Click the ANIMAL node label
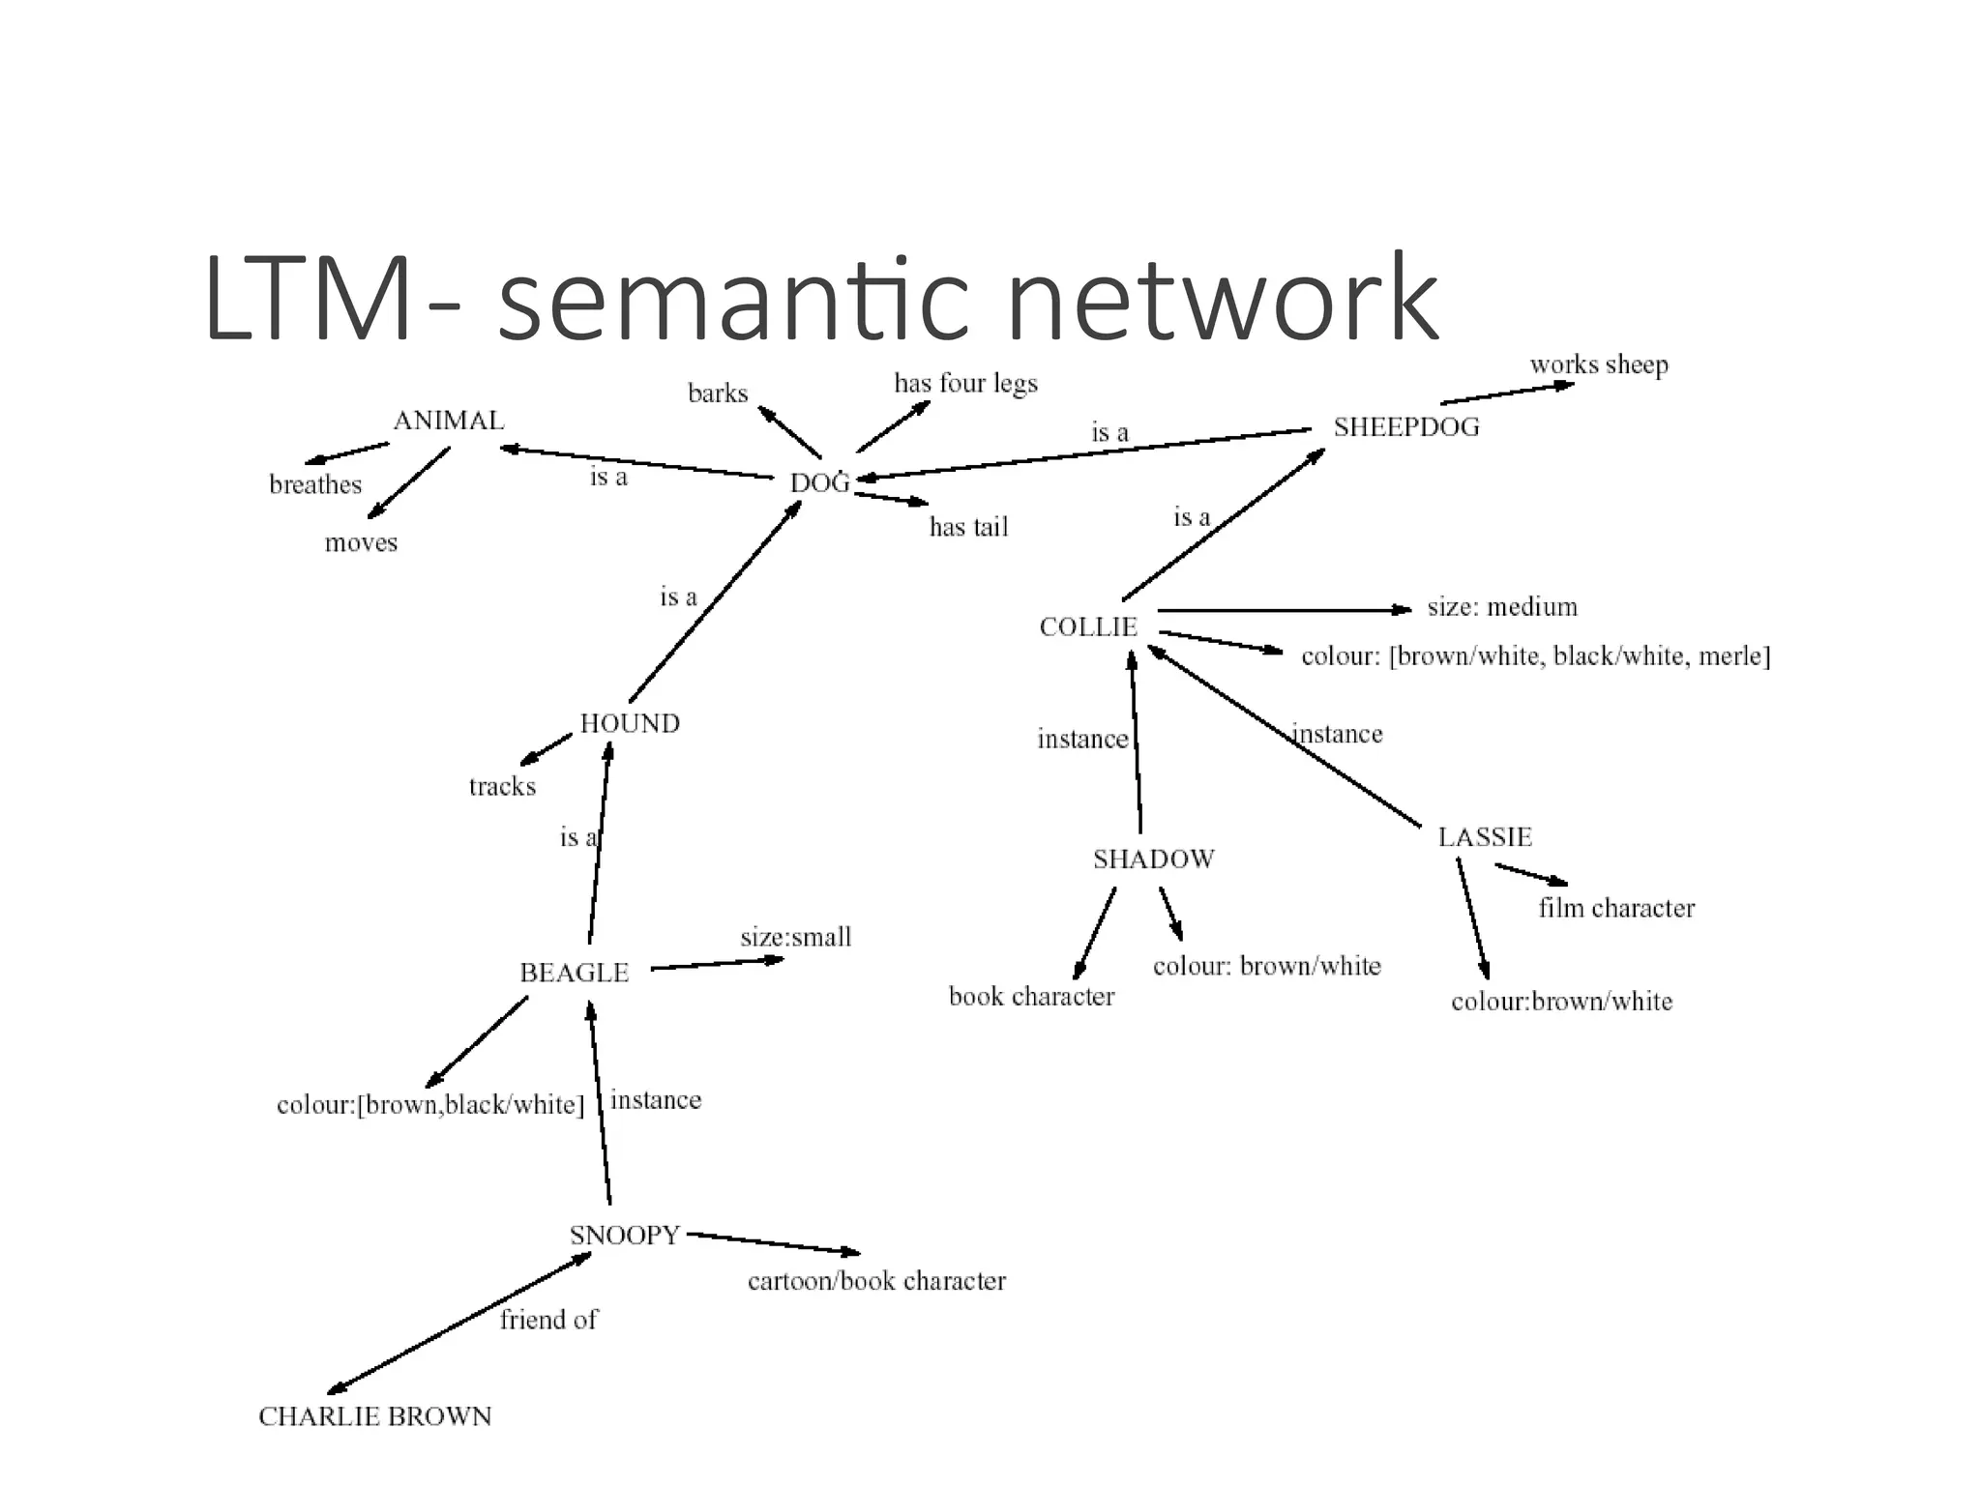(449, 422)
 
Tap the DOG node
(819, 483)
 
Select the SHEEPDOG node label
(1406, 427)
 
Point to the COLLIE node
(1088, 627)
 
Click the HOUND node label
(630, 724)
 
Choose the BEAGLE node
(575, 974)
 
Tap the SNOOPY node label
(625, 1236)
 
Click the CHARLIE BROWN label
(375, 1417)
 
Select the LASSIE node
(1485, 837)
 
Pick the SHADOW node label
(1154, 859)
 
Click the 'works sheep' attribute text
(1599, 365)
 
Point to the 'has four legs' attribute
(965, 384)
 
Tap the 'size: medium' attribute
(1502, 607)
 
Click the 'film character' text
(1616, 909)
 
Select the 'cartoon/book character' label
(876, 1282)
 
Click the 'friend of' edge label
(548, 1321)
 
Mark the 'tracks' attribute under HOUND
(502, 787)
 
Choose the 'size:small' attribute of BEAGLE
(796, 938)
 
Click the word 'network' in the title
(1223, 300)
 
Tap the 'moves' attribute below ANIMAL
(361, 543)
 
